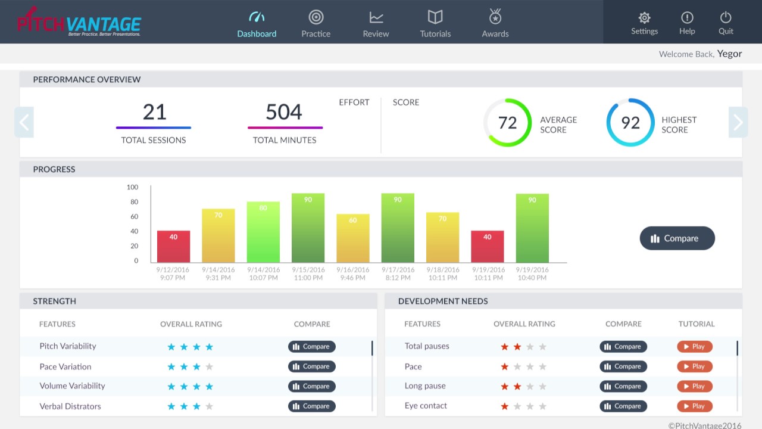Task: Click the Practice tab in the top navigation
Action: (x=316, y=23)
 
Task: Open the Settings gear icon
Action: (x=644, y=18)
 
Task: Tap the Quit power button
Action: (x=726, y=18)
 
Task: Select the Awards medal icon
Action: (x=495, y=17)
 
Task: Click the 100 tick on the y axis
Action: (x=132, y=187)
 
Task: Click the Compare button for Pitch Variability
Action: (x=312, y=347)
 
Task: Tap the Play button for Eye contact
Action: (x=694, y=406)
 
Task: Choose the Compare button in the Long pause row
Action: (x=623, y=386)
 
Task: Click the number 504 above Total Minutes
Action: (x=284, y=112)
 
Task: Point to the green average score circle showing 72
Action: (x=507, y=123)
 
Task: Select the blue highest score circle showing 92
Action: (x=630, y=123)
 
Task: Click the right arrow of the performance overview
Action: (x=738, y=122)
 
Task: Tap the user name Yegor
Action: (x=729, y=54)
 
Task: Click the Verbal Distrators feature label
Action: (x=70, y=406)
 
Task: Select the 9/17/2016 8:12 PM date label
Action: (x=398, y=273)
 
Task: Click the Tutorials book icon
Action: (x=435, y=17)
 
